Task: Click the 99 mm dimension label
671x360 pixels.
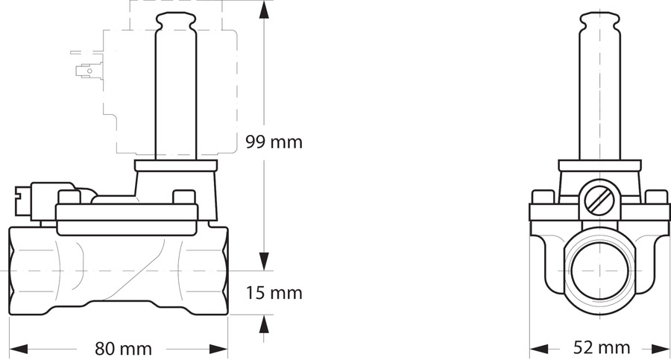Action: (x=274, y=142)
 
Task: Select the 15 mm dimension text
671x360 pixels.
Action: (x=274, y=293)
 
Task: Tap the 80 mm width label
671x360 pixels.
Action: (x=124, y=348)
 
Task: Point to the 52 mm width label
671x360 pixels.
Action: (x=602, y=347)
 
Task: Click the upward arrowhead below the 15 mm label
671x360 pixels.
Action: (x=263, y=322)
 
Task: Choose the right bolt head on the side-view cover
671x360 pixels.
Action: (x=183, y=198)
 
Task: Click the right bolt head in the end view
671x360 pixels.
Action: (x=656, y=198)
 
